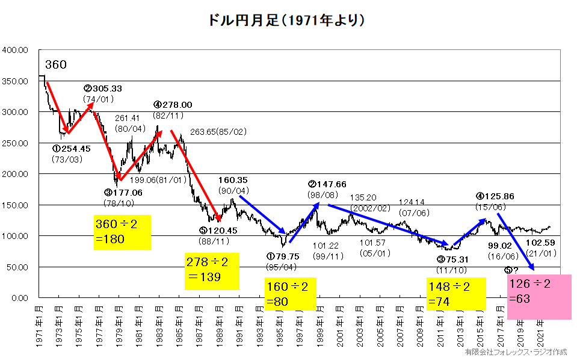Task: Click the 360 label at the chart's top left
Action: click(x=55, y=65)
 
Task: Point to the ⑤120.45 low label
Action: click(x=218, y=230)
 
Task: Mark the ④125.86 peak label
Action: click(x=496, y=196)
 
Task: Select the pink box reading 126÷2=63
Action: click(x=538, y=297)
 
